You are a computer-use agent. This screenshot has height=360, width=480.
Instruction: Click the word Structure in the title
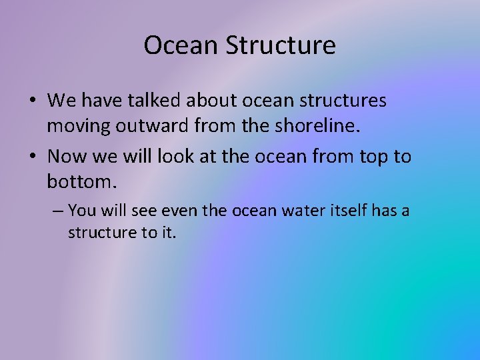coord(280,46)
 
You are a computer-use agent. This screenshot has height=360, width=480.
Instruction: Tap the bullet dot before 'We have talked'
coord(33,101)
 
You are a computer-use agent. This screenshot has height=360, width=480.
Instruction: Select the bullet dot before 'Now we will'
coord(33,157)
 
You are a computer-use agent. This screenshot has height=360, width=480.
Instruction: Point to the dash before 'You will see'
coord(57,211)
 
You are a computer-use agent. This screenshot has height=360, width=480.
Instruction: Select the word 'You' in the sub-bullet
coord(81,211)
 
